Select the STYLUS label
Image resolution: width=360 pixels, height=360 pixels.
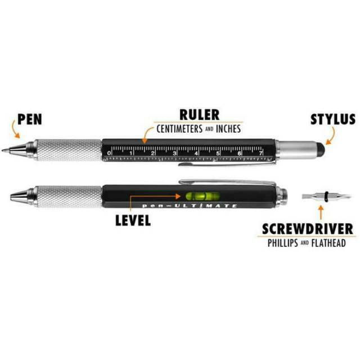click(332, 120)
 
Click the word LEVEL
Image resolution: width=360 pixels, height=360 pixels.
click(132, 220)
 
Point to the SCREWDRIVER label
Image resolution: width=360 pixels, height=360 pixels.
click(307, 229)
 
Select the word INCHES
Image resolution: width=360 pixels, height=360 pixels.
click(226, 129)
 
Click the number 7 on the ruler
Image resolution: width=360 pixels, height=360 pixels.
click(261, 152)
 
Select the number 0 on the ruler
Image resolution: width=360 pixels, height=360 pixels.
click(109, 152)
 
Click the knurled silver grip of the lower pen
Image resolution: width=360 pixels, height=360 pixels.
click(61, 196)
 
